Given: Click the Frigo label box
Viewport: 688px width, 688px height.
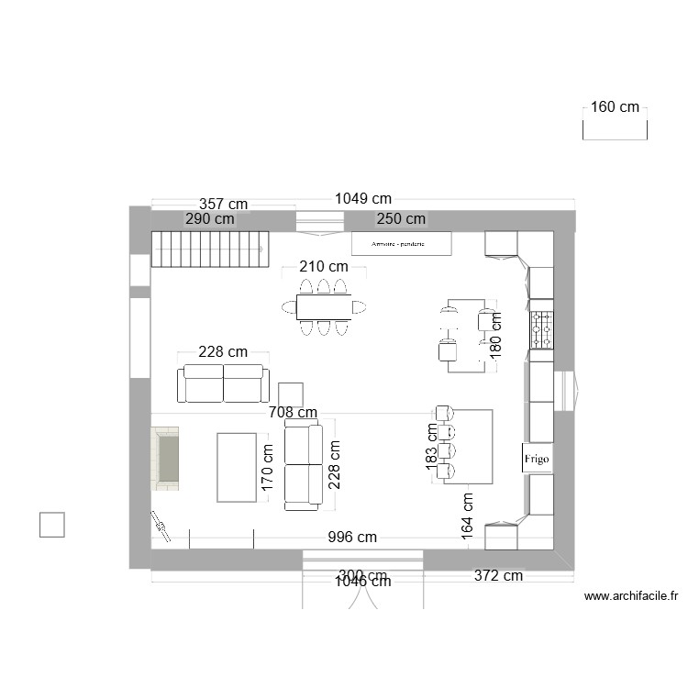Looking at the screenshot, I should click(538, 458).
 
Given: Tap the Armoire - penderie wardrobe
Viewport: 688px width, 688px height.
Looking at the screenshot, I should click(402, 243).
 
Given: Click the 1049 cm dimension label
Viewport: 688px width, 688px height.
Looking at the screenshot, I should click(363, 198).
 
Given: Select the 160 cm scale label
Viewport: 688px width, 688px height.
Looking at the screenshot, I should click(615, 107).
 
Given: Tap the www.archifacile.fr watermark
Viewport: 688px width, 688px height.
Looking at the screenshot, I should click(630, 596).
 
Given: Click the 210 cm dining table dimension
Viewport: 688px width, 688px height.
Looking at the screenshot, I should click(324, 267).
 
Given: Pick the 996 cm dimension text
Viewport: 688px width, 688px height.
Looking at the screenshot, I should click(353, 538).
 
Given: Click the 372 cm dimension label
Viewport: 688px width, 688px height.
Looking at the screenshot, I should click(498, 576).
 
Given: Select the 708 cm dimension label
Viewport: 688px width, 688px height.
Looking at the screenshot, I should click(294, 413).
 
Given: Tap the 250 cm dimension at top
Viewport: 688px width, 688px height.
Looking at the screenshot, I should click(402, 219).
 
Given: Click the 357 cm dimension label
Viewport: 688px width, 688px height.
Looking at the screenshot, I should click(224, 204).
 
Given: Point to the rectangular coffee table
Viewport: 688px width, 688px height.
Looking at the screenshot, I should click(238, 467).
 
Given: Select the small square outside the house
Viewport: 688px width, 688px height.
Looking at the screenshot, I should click(51, 524).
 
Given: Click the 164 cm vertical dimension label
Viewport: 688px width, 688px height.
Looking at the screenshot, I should click(468, 515).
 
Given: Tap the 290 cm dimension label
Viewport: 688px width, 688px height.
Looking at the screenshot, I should click(209, 219).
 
